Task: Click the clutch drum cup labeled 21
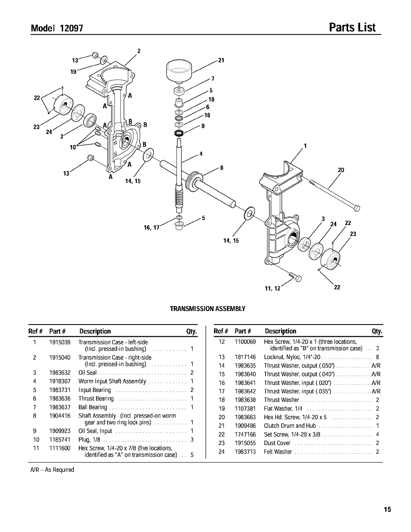(x=180, y=70)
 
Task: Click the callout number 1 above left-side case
(x=305, y=146)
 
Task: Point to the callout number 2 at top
(x=138, y=51)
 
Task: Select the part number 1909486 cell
(x=245, y=426)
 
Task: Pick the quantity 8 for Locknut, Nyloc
(x=377, y=357)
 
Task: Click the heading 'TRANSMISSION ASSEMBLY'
(x=208, y=308)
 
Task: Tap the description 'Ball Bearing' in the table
(x=93, y=407)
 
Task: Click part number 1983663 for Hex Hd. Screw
(x=245, y=417)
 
